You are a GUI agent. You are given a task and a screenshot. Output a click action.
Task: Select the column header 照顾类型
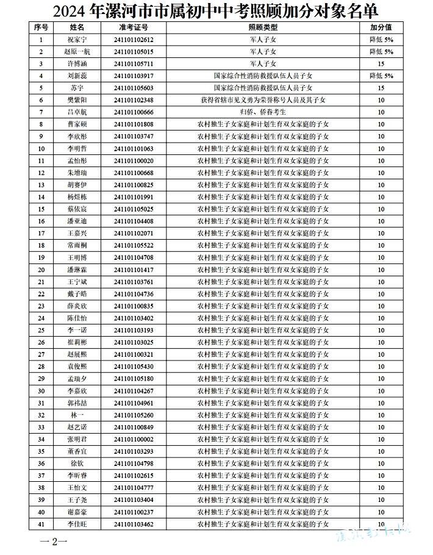coord(263,27)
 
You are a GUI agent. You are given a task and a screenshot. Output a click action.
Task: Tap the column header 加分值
coord(381,27)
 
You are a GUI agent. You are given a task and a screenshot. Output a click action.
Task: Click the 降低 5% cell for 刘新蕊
coord(381,76)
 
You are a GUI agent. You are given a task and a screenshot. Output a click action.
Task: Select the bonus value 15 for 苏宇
coord(381,88)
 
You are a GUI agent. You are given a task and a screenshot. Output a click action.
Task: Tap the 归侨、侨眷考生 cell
coord(263,112)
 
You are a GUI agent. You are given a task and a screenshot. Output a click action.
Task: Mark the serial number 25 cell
coord(41,330)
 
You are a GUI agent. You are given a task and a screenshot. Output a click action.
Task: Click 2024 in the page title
coord(70,10)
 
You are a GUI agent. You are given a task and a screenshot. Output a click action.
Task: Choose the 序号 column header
coord(41,27)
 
